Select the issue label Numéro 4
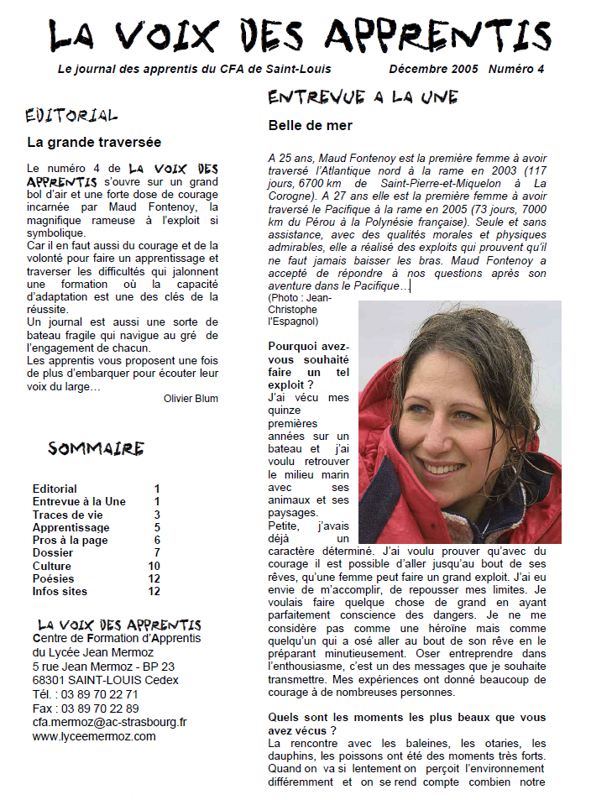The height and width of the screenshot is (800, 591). tap(515, 70)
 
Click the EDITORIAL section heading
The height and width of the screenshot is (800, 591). tap(71, 115)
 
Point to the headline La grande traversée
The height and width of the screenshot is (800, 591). tap(94, 143)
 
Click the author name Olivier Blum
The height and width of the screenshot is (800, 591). tap(191, 399)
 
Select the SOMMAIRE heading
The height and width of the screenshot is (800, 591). tap(96, 448)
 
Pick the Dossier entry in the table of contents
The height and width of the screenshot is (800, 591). tap(53, 552)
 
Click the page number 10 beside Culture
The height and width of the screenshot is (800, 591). tap(154, 566)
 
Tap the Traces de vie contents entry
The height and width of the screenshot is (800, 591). tap(67, 515)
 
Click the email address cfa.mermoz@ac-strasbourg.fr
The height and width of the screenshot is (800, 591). tap(109, 722)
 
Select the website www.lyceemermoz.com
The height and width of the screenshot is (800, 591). tap(94, 736)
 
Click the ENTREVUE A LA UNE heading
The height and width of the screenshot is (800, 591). tap(363, 97)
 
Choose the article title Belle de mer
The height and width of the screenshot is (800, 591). tap(310, 126)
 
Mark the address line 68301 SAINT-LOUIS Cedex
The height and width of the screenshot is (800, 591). tap(105, 680)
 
